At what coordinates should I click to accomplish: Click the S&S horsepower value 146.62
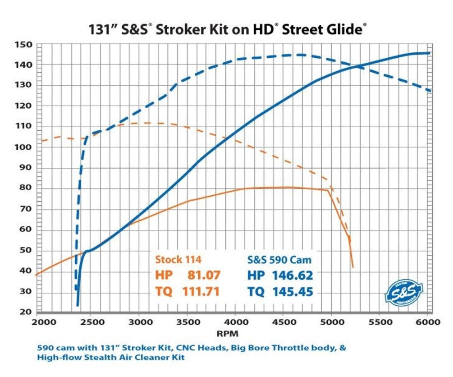click(x=292, y=275)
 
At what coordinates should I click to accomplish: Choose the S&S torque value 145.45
click(x=292, y=292)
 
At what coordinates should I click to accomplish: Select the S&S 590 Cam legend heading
click(x=279, y=260)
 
